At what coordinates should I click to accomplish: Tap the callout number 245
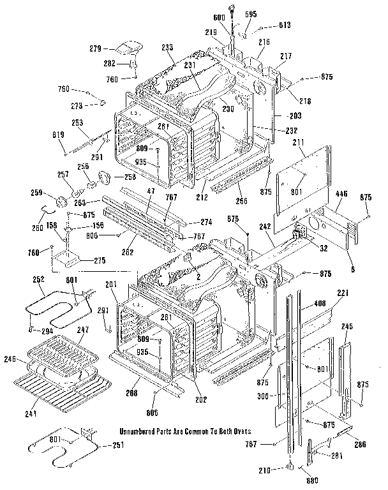(347, 327)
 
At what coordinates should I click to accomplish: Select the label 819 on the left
(57, 135)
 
